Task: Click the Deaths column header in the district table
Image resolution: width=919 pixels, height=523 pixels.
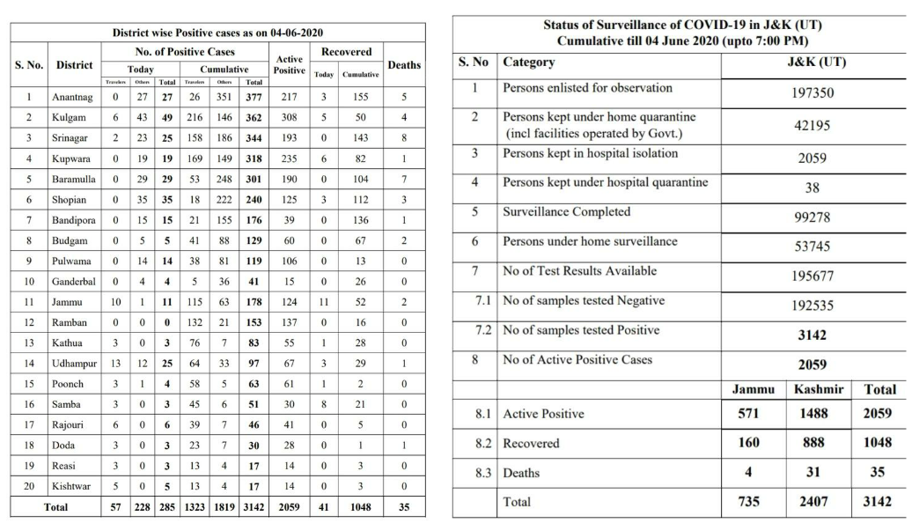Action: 403,64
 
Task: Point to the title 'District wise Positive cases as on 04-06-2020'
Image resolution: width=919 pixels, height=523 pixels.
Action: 217,33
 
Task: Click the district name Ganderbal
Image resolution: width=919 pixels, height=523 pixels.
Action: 76,282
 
